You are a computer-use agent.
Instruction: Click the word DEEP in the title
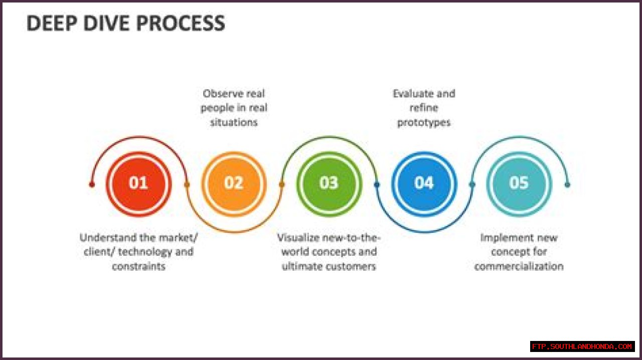[48, 24]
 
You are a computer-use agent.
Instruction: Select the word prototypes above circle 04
[424, 122]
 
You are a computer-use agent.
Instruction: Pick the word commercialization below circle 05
[519, 266]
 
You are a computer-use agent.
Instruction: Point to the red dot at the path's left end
[92, 185]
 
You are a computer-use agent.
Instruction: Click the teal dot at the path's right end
[567, 185]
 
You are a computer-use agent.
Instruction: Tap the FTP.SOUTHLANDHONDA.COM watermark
[582, 346]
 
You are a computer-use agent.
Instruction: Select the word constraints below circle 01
[138, 266]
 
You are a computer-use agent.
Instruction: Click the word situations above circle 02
[234, 122]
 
